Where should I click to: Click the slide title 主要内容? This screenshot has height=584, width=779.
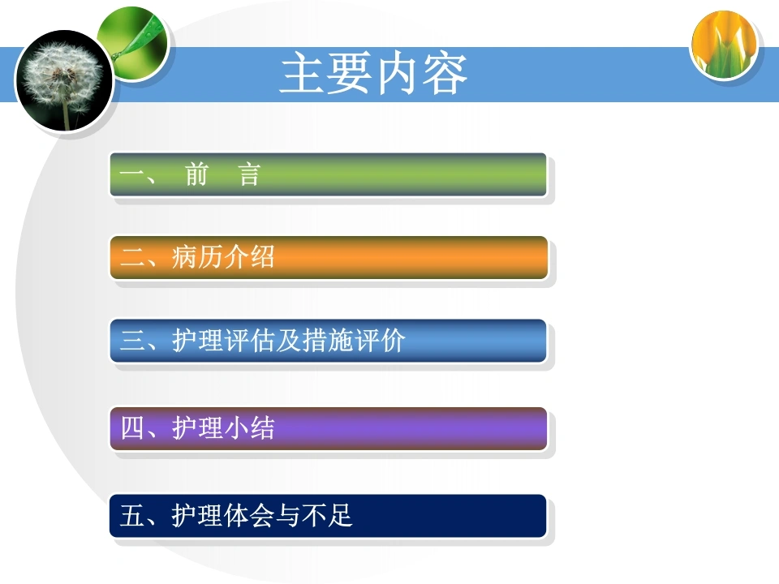click(373, 74)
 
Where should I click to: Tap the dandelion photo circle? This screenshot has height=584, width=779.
click(64, 81)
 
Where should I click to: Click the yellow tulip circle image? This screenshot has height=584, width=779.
click(725, 45)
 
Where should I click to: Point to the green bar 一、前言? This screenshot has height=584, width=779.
click(328, 175)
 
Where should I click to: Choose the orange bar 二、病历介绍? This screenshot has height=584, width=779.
click(329, 258)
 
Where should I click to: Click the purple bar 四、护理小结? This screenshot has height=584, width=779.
click(328, 428)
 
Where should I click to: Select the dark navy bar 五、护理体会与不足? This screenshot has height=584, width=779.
click(328, 516)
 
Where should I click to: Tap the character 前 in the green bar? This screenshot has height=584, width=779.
click(196, 174)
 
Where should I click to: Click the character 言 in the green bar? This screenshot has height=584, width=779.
click(249, 174)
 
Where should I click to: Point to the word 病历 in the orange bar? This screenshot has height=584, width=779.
click(197, 257)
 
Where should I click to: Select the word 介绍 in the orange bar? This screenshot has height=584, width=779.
click(249, 257)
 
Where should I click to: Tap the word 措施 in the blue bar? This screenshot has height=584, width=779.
click(328, 341)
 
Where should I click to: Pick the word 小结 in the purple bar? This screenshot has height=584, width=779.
click(249, 427)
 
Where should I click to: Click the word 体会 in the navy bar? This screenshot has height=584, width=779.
click(249, 515)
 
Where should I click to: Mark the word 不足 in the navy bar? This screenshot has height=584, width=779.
click(327, 515)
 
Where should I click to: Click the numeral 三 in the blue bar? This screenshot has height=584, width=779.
click(132, 341)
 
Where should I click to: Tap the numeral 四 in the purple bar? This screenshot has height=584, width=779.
click(132, 427)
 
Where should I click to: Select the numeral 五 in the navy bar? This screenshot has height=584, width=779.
click(132, 515)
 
